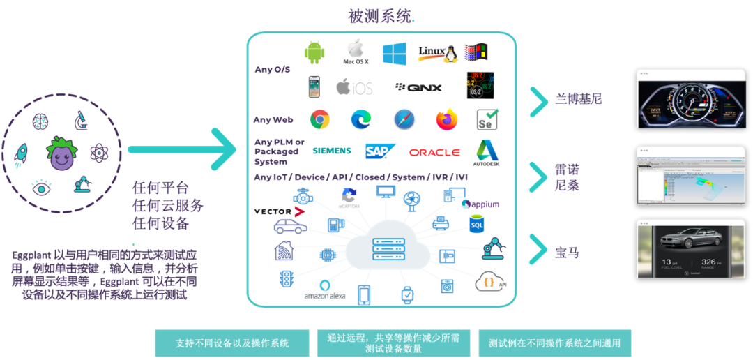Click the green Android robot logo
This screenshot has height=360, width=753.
pyautogui.click(x=314, y=52)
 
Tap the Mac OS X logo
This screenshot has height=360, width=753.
pyautogui.click(x=356, y=52)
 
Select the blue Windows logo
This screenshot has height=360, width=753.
pyautogui.click(x=394, y=54)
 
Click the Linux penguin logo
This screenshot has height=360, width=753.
pyautogui.click(x=436, y=54)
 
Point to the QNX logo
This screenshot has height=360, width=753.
pyautogui.click(x=418, y=88)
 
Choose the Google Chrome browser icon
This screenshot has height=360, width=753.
pyautogui.click(x=319, y=119)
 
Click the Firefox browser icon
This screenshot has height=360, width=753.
pyautogui.click(x=446, y=119)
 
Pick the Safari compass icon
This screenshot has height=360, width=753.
pyautogui.click(x=404, y=119)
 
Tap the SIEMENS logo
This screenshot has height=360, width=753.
pyautogui.click(x=331, y=151)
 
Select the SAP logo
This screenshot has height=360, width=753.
pyautogui.click(x=381, y=151)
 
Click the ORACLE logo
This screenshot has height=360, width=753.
pyautogui.click(x=434, y=152)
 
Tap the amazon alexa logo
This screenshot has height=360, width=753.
pyautogui.click(x=324, y=290)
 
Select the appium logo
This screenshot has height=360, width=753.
pyautogui.click(x=480, y=205)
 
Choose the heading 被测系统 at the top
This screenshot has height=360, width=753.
pyautogui.click(x=379, y=16)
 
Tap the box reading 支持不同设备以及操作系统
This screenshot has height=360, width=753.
pyautogui.click(x=232, y=343)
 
